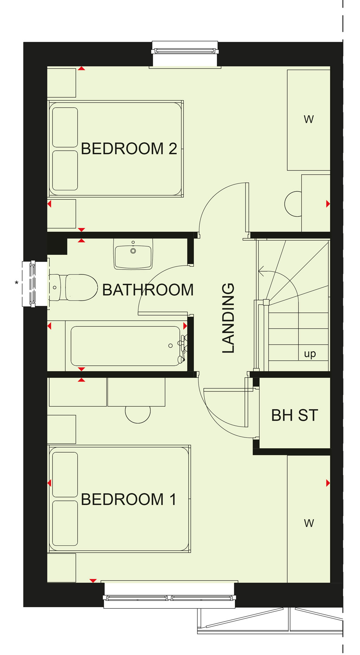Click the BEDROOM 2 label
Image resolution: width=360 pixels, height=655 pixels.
point(129,149)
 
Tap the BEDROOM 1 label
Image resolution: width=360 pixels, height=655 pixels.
point(129,499)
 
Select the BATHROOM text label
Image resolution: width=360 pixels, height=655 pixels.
point(148,290)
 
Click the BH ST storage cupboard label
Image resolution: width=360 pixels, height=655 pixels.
point(295,415)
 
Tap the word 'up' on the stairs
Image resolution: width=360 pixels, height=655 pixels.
point(310,354)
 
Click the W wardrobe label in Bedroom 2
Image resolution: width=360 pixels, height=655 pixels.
point(309,119)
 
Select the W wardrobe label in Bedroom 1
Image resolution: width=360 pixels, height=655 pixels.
point(309,523)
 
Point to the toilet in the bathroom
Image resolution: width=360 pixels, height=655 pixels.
point(73,287)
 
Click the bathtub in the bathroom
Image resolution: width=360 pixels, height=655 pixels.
point(126,346)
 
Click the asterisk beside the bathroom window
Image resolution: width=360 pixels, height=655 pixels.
point(17,283)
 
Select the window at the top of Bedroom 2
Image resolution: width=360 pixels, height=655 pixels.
point(185,51)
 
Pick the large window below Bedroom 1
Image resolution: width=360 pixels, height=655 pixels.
point(169,597)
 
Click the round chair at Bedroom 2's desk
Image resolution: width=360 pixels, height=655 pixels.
point(293,204)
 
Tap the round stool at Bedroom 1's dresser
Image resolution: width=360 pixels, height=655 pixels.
point(138,415)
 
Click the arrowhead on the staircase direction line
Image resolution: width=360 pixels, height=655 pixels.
point(261,271)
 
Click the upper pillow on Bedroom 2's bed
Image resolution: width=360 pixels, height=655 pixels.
point(65,127)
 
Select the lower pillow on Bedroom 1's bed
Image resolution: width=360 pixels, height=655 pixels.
point(65,523)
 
